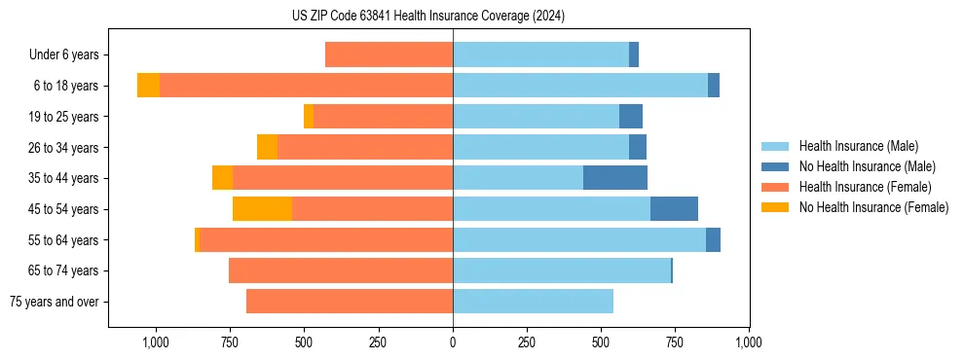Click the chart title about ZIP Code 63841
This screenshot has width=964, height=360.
[428, 16]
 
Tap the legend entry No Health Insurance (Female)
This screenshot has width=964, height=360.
[873, 207]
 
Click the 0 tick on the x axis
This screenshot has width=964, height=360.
[453, 342]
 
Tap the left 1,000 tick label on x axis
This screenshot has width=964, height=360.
[156, 342]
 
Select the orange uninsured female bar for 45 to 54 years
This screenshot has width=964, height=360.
[262, 209]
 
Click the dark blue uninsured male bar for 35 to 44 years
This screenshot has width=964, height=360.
[615, 178]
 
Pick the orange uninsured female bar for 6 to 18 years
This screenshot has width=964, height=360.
[148, 86]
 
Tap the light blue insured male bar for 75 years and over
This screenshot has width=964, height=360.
[533, 302]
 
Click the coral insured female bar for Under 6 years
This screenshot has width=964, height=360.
[389, 55]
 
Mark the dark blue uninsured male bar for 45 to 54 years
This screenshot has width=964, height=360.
[674, 209]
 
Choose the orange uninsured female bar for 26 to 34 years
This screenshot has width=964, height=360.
[267, 147]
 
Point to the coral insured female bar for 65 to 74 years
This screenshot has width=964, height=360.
[341, 270]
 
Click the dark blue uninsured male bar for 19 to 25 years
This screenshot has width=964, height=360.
[631, 117]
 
